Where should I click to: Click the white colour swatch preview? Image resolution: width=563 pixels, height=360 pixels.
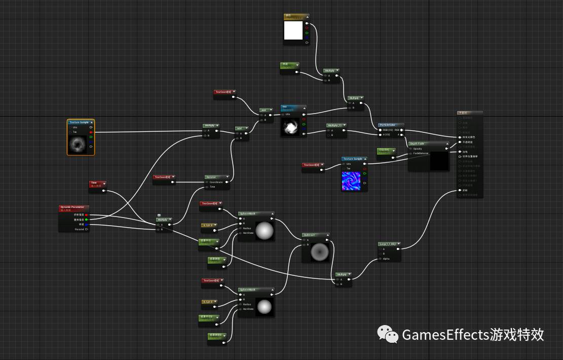click(293, 31)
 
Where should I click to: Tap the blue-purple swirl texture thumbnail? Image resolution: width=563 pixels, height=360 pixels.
click(351, 181)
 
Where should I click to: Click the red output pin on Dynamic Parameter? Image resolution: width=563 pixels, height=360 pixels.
click(87, 215)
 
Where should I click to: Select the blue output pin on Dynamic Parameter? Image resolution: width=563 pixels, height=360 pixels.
click(87, 224)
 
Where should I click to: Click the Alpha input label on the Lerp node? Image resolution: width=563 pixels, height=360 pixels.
click(386, 259)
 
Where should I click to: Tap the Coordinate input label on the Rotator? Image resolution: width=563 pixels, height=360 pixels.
click(216, 182)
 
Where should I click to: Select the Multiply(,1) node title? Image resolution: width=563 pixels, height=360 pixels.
click(334, 125)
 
